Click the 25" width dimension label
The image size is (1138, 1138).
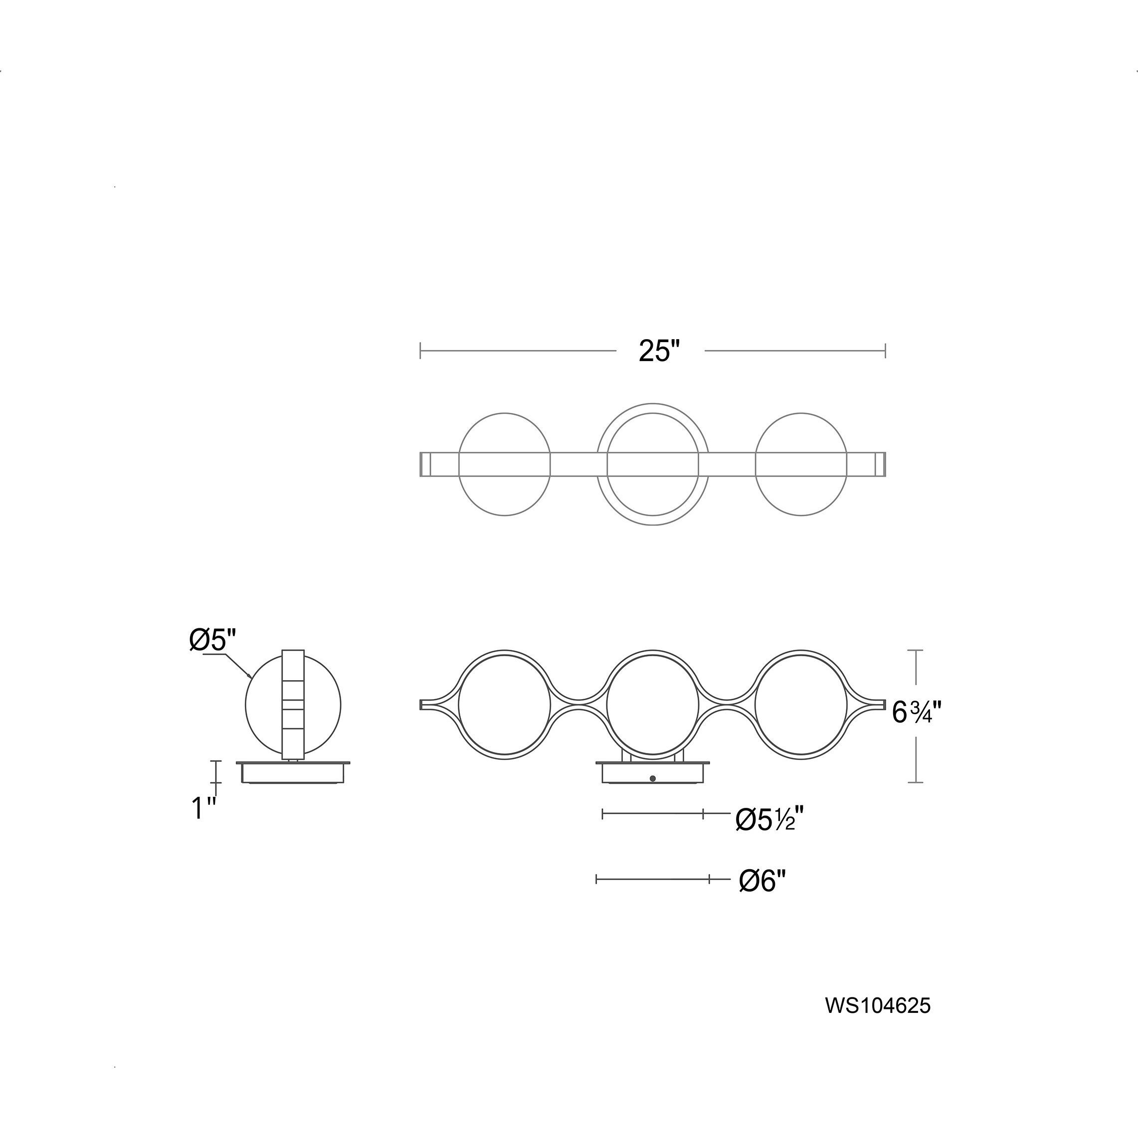pyautogui.click(x=659, y=352)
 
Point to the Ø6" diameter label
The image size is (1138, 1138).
pyautogui.click(x=763, y=898)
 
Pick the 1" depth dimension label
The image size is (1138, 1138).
pyautogui.click(x=204, y=808)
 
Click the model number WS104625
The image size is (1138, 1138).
pyautogui.click(x=878, y=1005)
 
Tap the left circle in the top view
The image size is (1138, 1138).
pyautogui.click(x=459, y=465)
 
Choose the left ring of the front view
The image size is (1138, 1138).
pyautogui.click(x=458, y=705)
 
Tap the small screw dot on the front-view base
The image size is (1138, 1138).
pyautogui.click(x=652, y=778)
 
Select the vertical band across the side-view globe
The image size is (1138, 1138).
pyautogui.click(x=293, y=705)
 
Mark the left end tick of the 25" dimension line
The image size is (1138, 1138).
pyautogui.click(x=420, y=351)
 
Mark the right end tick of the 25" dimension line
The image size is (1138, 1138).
pyautogui.click(x=885, y=351)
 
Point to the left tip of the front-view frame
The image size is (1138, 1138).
pyautogui.click(x=420, y=705)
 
